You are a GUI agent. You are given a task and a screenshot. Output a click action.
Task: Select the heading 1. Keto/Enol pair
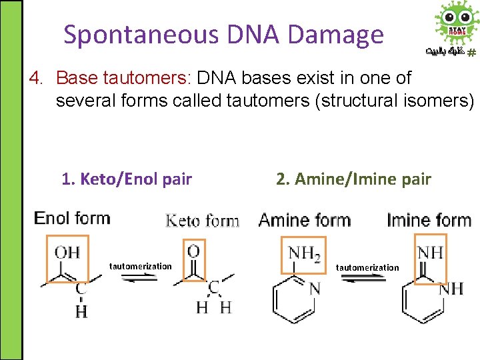pyautogui.click(x=127, y=179)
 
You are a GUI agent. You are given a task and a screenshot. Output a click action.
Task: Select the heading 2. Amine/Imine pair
pyautogui.click(x=353, y=179)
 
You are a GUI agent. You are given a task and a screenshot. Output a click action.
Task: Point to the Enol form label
pyautogui.click(x=72, y=218)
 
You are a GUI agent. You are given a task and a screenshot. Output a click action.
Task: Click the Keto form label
pyautogui.click(x=202, y=221)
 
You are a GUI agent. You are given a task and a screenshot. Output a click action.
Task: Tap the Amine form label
pyautogui.click(x=304, y=219)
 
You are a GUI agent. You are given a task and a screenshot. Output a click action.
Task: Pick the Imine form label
pyautogui.click(x=429, y=219)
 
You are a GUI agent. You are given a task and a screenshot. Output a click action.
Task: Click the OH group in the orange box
pyautogui.click(x=67, y=252)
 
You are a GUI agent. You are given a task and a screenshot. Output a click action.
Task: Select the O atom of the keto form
pyautogui.click(x=194, y=251)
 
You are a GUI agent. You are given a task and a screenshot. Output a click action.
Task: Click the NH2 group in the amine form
pyautogui.click(x=304, y=253)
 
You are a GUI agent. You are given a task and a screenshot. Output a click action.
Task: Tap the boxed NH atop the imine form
pyautogui.click(x=430, y=252)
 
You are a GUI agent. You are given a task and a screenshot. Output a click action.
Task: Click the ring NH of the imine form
pyautogui.click(x=452, y=288)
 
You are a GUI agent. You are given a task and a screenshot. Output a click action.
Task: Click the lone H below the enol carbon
pyautogui.click(x=81, y=311)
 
